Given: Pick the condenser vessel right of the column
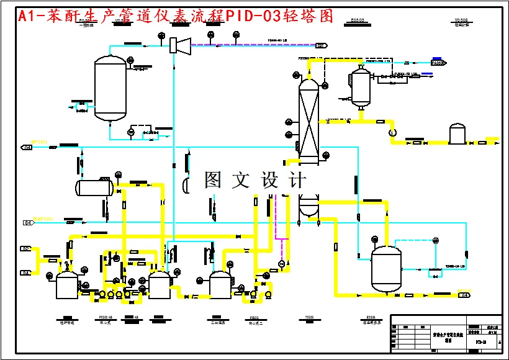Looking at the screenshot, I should [359, 86].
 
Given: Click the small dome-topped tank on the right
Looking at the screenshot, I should [457, 133].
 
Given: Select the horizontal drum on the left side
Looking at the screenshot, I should [94, 187].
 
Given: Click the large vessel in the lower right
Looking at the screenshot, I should [386, 268].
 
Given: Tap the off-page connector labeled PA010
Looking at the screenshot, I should [439, 63].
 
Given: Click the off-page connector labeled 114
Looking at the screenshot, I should [464, 295].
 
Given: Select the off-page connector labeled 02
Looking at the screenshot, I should [26, 249].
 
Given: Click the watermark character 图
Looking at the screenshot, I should [213, 180].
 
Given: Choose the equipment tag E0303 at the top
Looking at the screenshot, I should [358, 20].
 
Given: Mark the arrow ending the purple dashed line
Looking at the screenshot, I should [321, 45].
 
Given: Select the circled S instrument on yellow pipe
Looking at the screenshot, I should [392, 132].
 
